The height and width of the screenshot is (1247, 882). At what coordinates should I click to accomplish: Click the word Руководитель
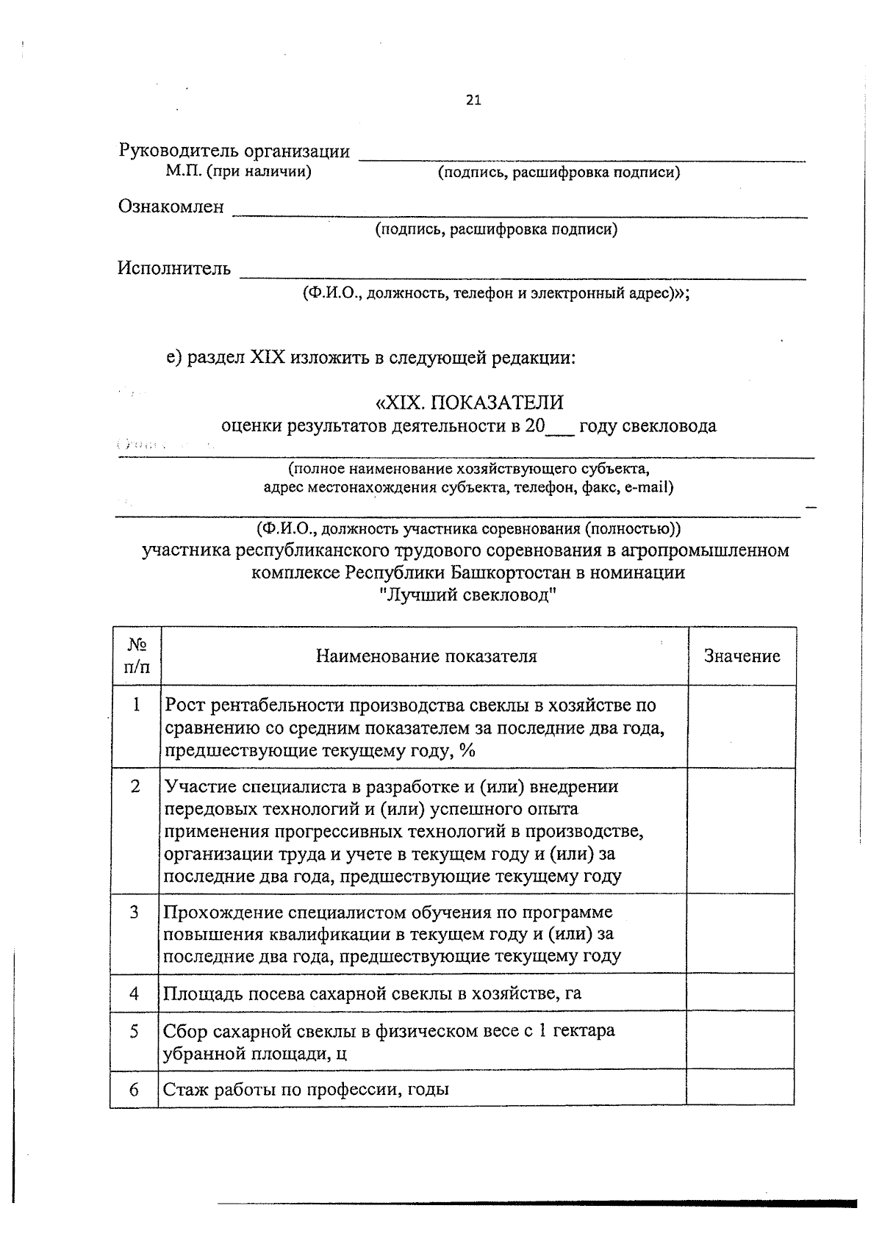coord(179,151)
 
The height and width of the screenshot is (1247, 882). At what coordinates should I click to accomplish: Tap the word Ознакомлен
coord(171,207)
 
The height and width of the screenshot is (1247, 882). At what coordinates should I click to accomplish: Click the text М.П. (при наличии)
coord(238,172)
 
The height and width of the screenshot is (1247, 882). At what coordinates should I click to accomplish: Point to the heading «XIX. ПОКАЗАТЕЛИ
coord(469,403)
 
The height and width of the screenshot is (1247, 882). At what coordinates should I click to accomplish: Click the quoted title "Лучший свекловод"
coord(468,594)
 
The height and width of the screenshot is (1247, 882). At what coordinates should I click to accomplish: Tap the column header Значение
coord(742,656)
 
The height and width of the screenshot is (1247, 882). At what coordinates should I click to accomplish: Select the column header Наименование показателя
coord(426,656)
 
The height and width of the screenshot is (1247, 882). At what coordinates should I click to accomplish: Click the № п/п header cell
coord(136,656)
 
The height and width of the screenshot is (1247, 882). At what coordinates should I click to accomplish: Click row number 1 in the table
coord(136,705)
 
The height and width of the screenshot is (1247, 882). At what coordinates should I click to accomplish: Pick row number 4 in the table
coord(135,993)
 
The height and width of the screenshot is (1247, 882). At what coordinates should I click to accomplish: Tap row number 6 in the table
coord(135,1089)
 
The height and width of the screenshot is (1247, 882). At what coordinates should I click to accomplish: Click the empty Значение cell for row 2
coord(741,831)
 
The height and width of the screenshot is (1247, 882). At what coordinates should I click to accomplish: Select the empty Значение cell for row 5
coord(740,1041)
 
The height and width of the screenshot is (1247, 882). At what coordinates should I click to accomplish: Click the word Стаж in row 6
coord(182,1089)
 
